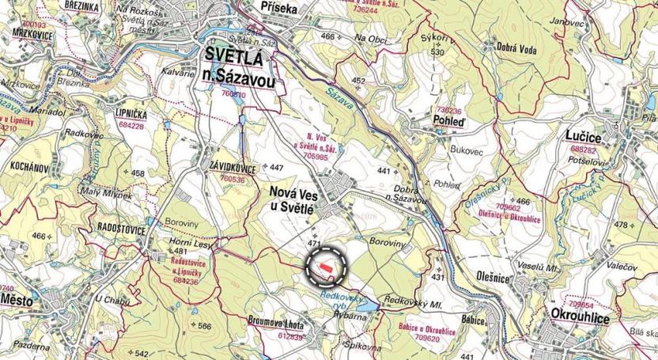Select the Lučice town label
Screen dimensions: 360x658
(584, 138)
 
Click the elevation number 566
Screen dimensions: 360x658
(205, 326)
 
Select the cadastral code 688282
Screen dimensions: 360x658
(584, 149)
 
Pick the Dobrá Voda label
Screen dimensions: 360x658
(517, 49)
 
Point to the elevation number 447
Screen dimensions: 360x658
(276, 168)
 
